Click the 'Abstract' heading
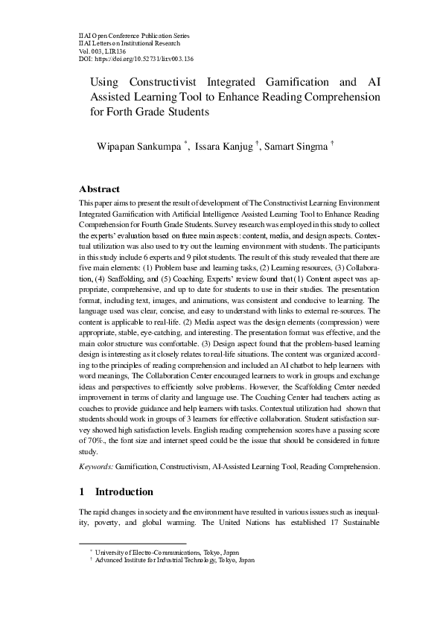[x=99, y=189]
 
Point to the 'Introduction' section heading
[x=124, y=491]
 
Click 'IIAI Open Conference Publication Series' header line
[x=134, y=35]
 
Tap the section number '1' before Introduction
[x=82, y=491]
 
